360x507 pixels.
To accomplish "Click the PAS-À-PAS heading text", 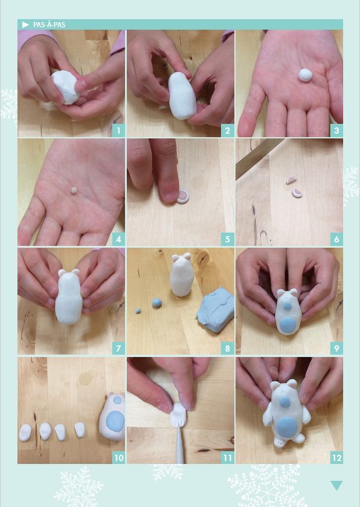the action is (49, 25).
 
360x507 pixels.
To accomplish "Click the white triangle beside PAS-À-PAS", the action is (25, 24).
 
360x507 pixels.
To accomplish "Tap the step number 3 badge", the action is (337, 131).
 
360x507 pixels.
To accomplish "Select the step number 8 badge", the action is (227, 348).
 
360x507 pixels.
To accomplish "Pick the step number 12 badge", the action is (337, 458).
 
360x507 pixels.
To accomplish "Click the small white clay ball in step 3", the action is (305, 74).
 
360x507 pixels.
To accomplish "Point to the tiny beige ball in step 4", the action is (74, 190).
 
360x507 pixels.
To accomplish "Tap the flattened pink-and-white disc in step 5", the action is (184, 197).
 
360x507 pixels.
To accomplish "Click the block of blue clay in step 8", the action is (215, 309).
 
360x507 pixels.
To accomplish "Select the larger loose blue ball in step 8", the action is (157, 302).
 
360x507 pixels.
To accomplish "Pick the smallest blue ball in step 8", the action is (138, 310).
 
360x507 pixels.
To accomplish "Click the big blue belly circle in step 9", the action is (287, 324).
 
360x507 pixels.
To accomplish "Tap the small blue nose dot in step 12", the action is (285, 402).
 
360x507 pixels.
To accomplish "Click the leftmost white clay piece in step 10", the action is (25, 433).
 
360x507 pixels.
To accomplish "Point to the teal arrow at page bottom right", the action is (336, 485).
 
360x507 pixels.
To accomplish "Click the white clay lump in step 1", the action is (66, 87).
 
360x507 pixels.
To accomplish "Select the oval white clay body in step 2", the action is (182, 96).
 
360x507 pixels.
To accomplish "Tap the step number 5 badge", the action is (227, 240).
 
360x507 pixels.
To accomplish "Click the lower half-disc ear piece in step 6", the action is (297, 192).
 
